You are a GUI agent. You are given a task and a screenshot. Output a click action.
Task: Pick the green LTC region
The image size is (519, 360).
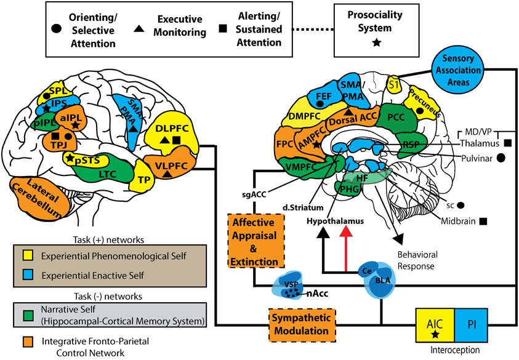pyautogui.click(x=111, y=175)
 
